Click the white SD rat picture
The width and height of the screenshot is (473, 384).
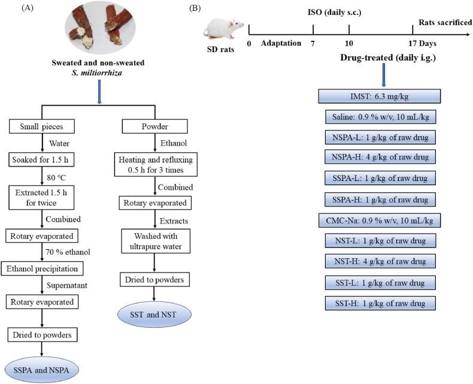click(x=223, y=29)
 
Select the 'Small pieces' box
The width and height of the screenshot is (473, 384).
click(x=42, y=126)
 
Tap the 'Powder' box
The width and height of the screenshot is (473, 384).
click(x=154, y=126)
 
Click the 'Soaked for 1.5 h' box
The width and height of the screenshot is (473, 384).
click(x=41, y=159)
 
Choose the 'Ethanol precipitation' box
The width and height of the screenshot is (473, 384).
click(x=43, y=268)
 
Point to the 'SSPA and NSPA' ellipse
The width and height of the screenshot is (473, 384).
click(x=42, y=370)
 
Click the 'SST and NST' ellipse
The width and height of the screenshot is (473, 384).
click(x=154, y=315)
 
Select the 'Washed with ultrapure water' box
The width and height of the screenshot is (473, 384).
click(x=156, y=241)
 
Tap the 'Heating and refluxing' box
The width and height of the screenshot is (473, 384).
click(x=156, y=165)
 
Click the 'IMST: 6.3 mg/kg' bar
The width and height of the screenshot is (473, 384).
click(x=380, y=96)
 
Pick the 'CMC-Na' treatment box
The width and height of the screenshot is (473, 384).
click(x=380, y=220)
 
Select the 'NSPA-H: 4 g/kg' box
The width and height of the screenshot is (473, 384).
click(x=380, y=157)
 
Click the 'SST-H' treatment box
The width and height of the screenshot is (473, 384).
click(x=380, y=303)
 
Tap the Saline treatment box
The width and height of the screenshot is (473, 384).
click(x=381, y=117)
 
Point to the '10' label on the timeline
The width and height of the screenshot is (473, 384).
click(x=348, y=44)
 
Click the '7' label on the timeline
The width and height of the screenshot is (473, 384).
click(x=313, y=44)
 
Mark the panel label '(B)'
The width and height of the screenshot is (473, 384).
click(x=195, y=8)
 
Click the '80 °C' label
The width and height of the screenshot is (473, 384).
click(x=56, y=178)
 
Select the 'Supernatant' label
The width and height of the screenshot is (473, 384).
click(x=67, y=285)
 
